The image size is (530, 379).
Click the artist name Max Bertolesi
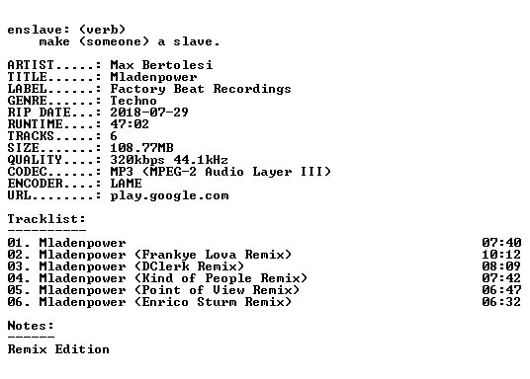coord(161,65)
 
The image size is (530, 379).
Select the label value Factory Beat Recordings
coord(201,89)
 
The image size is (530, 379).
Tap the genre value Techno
coord(133,101)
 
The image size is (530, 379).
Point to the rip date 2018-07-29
coord(149,113)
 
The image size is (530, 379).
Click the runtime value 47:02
coord(130,124)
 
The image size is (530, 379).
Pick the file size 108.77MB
coord(141,148)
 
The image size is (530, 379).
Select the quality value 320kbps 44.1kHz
coord(169,160)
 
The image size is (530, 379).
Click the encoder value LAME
coord(127,184)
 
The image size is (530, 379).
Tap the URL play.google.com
coord(169,195)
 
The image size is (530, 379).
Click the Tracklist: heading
coord(46,219)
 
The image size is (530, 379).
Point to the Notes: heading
coord(31,326)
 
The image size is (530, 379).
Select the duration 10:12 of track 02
coord(501,255)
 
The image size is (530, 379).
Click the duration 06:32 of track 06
coord(501,302)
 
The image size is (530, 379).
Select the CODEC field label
coord(28,172)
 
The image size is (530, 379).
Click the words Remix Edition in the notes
coord(58,349)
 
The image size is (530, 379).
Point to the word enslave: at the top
coord(39,30)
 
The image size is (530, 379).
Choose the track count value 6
coord(114,136)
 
